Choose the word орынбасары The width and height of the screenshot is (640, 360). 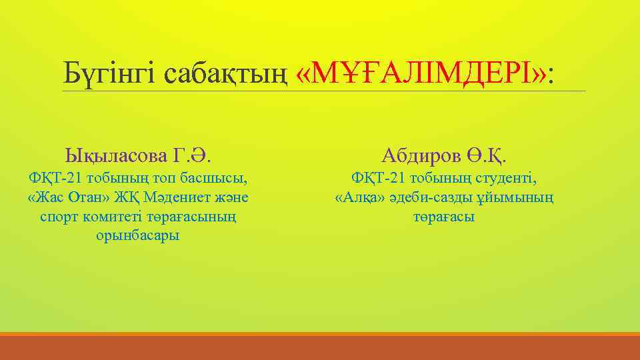tap(138, 236)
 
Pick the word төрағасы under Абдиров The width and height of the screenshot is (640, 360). tap(444, 217)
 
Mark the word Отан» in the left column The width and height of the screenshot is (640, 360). tap(88, 198)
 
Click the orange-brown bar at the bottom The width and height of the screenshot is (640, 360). tap(320, 347)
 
